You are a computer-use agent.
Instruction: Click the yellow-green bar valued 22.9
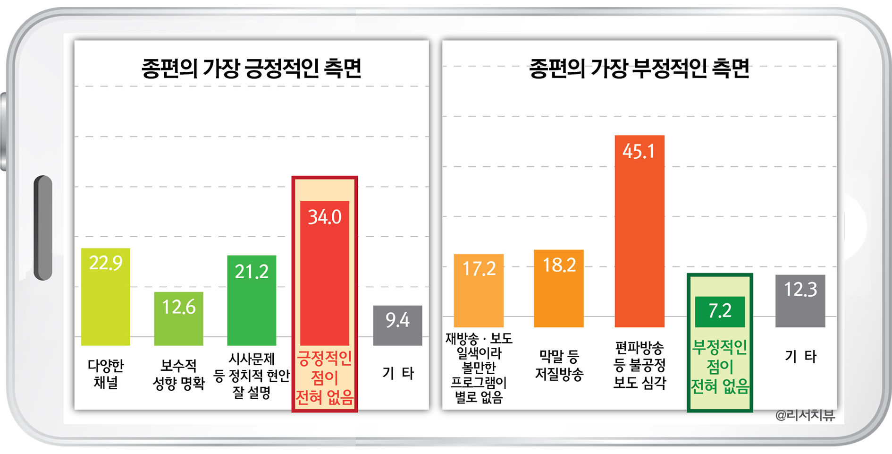pyautogui.click(x=105, y=297)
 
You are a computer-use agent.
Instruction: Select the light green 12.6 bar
pyautogui.click(x=178, y=318)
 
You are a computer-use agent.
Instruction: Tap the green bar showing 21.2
pyautogui.click(x=252, y=300)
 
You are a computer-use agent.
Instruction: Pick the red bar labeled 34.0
pyautogui.click(x=325, y=273)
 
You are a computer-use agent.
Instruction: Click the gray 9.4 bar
pyautogui.click(x=397, y=326)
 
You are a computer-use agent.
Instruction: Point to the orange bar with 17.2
pyautogui.click(x=479, y=291)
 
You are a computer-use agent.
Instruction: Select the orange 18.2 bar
pyautogui.click(x=559, y=288)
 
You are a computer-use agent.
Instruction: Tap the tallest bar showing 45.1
pyautogui.click(x=640, y=231)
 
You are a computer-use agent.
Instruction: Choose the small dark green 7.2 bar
pyautogui.click(x=720, y=312)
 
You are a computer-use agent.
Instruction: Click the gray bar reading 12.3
pyautogui.click(x=800, y=301)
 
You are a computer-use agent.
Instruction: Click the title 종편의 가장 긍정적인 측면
pyautogui.click(x=252, y=69)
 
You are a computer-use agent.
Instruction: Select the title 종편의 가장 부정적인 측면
pyautogui.click(x=639, y=69)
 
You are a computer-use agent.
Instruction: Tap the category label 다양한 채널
pyautogui.click(x=106, y=374)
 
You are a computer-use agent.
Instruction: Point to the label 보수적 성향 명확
pyautogui.click(x=178, y=374)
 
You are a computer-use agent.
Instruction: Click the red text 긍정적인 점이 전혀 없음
pyautogui.click(x=325, y=378)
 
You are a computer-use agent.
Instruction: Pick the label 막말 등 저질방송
pyautogui.click(x=559, y=365)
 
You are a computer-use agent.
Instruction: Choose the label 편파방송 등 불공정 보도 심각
pyautogui.click(x=640, y=365)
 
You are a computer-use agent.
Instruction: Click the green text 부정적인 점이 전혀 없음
pyautogui.click(x=720, y=367)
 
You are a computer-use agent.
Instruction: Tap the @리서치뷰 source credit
pyautogui.click(x=805, y=415)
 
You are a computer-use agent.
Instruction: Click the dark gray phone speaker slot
pyautogui.click(x=43, y=228)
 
